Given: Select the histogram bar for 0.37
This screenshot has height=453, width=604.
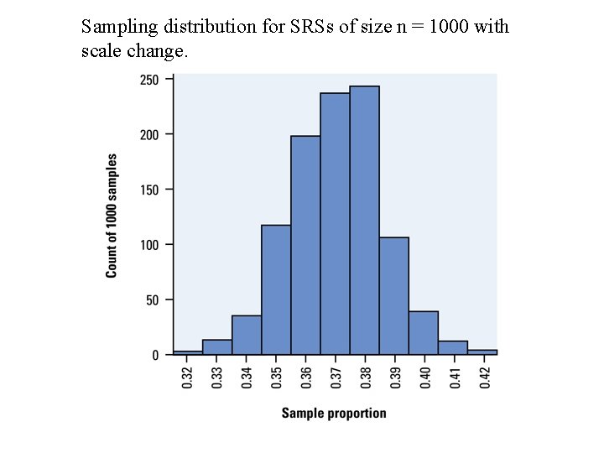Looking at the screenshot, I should [335, 224].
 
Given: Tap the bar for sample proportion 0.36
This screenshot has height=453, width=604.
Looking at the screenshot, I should [305, 245].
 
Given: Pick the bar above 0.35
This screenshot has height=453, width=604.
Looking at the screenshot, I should [276, 289].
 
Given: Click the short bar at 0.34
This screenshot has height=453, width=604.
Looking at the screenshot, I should [247, 336].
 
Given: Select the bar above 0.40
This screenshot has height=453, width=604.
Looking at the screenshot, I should [423, 333].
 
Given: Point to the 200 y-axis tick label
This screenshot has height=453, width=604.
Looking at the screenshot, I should [148, 134].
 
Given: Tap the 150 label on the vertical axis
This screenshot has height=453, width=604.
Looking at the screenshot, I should [148, 190].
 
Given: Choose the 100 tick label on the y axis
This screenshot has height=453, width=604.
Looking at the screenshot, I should [148, 245].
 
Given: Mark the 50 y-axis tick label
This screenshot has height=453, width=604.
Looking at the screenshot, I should [151, 300].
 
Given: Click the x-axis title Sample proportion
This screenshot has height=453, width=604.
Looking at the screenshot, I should [334, 413].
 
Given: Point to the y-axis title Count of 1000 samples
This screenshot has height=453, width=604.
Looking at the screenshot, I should [112, 216].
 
